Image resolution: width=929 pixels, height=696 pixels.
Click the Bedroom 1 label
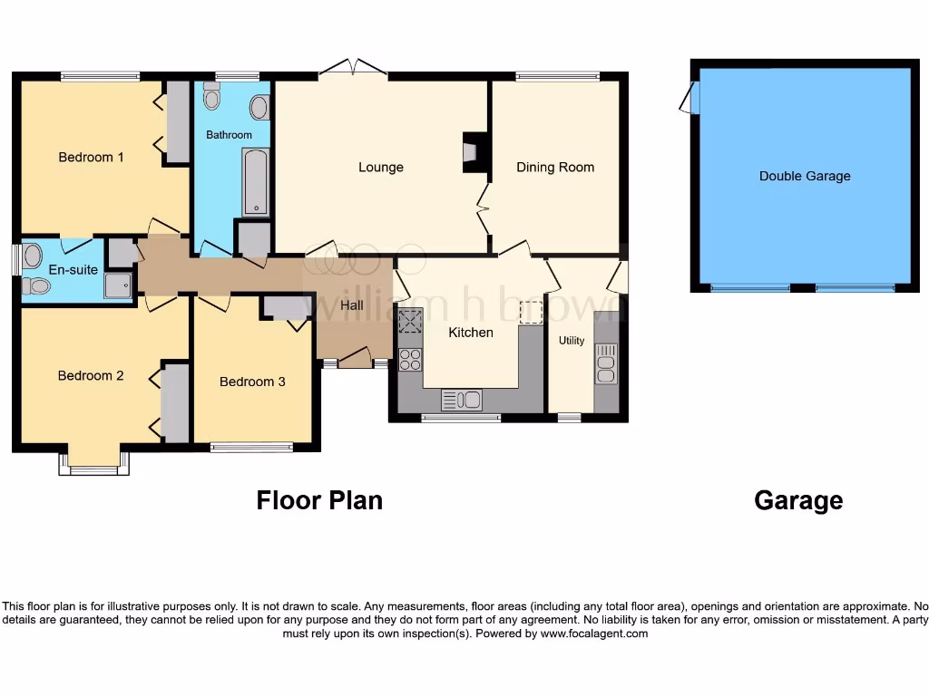91,157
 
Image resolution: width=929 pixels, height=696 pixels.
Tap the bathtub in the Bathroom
256,182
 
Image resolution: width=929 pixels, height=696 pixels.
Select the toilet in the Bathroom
211,95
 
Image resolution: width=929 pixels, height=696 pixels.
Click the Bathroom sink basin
259,108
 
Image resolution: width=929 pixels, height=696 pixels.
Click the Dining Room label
555,167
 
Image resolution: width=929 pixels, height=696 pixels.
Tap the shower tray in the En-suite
118,285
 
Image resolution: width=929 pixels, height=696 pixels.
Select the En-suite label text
73,269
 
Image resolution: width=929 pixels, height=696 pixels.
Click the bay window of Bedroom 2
93,465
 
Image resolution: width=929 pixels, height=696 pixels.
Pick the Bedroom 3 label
252,382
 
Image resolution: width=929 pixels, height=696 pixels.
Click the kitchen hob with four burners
410,359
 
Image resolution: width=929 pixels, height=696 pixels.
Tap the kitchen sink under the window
462,399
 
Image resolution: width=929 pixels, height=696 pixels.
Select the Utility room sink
605,363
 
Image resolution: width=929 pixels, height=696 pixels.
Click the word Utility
572,341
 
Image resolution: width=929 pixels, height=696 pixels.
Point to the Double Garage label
805,176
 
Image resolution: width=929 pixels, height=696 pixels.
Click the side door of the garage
691,98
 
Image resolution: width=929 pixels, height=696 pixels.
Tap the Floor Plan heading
319,500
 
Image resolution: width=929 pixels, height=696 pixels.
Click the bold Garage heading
798,500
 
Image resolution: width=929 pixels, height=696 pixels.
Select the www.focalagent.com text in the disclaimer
594,633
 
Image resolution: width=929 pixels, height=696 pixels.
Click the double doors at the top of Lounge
354,68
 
